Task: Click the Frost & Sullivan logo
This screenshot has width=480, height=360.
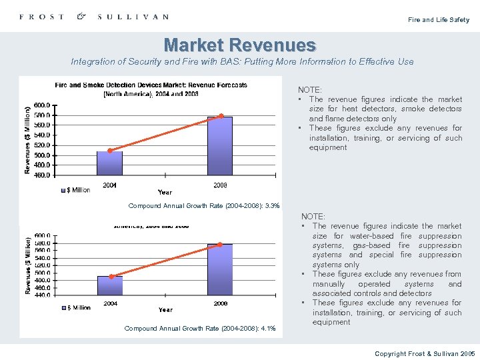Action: [94, 17]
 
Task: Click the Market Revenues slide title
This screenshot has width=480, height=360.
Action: [240, 45]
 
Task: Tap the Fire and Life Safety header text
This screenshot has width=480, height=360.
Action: [438, 20]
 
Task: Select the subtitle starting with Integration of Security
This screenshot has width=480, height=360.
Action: [242, 61]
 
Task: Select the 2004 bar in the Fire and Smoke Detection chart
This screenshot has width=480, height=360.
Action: [110, 163]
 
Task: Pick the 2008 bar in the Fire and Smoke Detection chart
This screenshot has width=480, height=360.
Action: [220, 146]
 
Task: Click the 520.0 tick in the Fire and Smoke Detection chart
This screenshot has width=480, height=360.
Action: [41, 145]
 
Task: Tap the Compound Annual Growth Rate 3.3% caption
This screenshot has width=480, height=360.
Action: [203, 205]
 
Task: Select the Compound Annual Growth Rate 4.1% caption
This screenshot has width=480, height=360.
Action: [199, 328]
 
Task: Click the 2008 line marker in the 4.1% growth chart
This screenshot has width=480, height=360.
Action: [220, 245]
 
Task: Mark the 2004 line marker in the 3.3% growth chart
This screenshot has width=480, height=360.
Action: [110, 151]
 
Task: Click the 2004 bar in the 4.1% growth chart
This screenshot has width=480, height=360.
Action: [110, 285]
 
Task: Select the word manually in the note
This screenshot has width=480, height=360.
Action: [329, 284]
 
